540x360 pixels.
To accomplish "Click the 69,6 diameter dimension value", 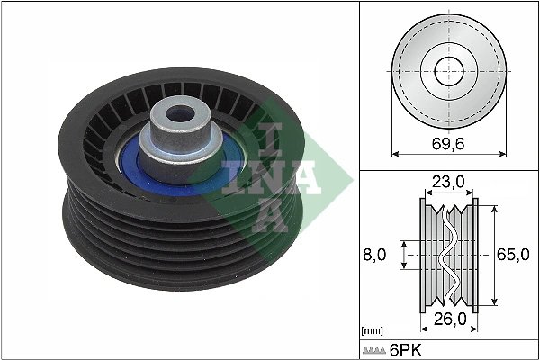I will click(x=447, y=142).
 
